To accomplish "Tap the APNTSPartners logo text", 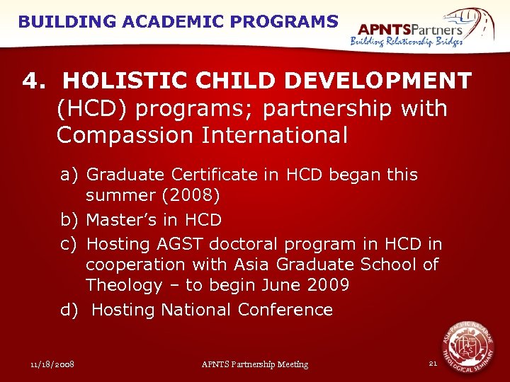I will pyautogui.click(x=410, y=29).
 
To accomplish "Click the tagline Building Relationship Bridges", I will pyautogui.click(x=407, y=42).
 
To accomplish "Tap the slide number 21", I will pyautogui.click(x=433, y=363).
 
